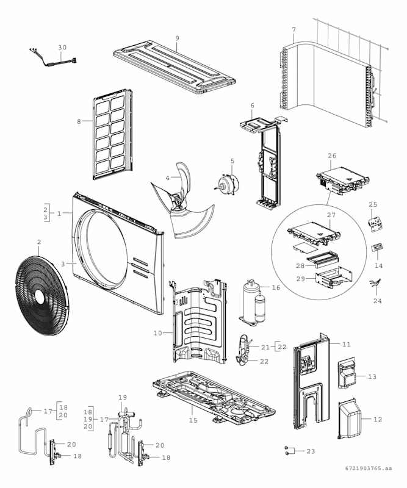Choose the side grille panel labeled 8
[111, 134]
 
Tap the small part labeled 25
[374, 223]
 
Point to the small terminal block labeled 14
[378, 250]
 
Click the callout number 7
[294, 30]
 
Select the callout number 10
[157, 333]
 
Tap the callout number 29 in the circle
[301, 279]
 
